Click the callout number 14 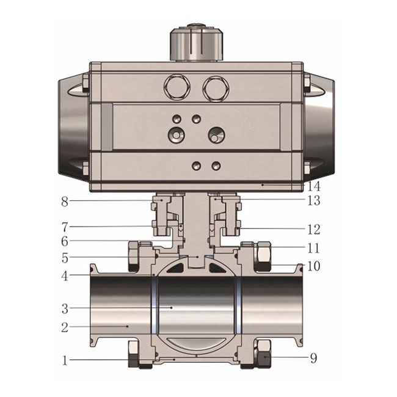(314, 187)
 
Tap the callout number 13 (314, 200)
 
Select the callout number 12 (314, 230)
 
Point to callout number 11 (314, 248)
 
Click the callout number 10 (314, 266)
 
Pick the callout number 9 (314, 359)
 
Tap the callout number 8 (65, 202)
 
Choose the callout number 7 (65, 228)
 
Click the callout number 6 (65, 241)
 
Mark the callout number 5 (65, 258)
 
